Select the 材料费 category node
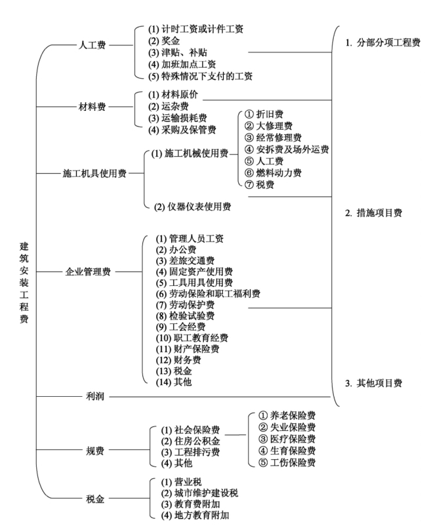click(92, 106)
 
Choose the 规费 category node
click(95, 451)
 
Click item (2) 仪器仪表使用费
click(193, 206)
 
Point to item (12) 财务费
click(178, 360)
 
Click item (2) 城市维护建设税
click(197, 493)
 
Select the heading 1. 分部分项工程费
click(383, 43)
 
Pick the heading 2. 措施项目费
click(374, 213)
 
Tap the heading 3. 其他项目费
click(374, 383)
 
